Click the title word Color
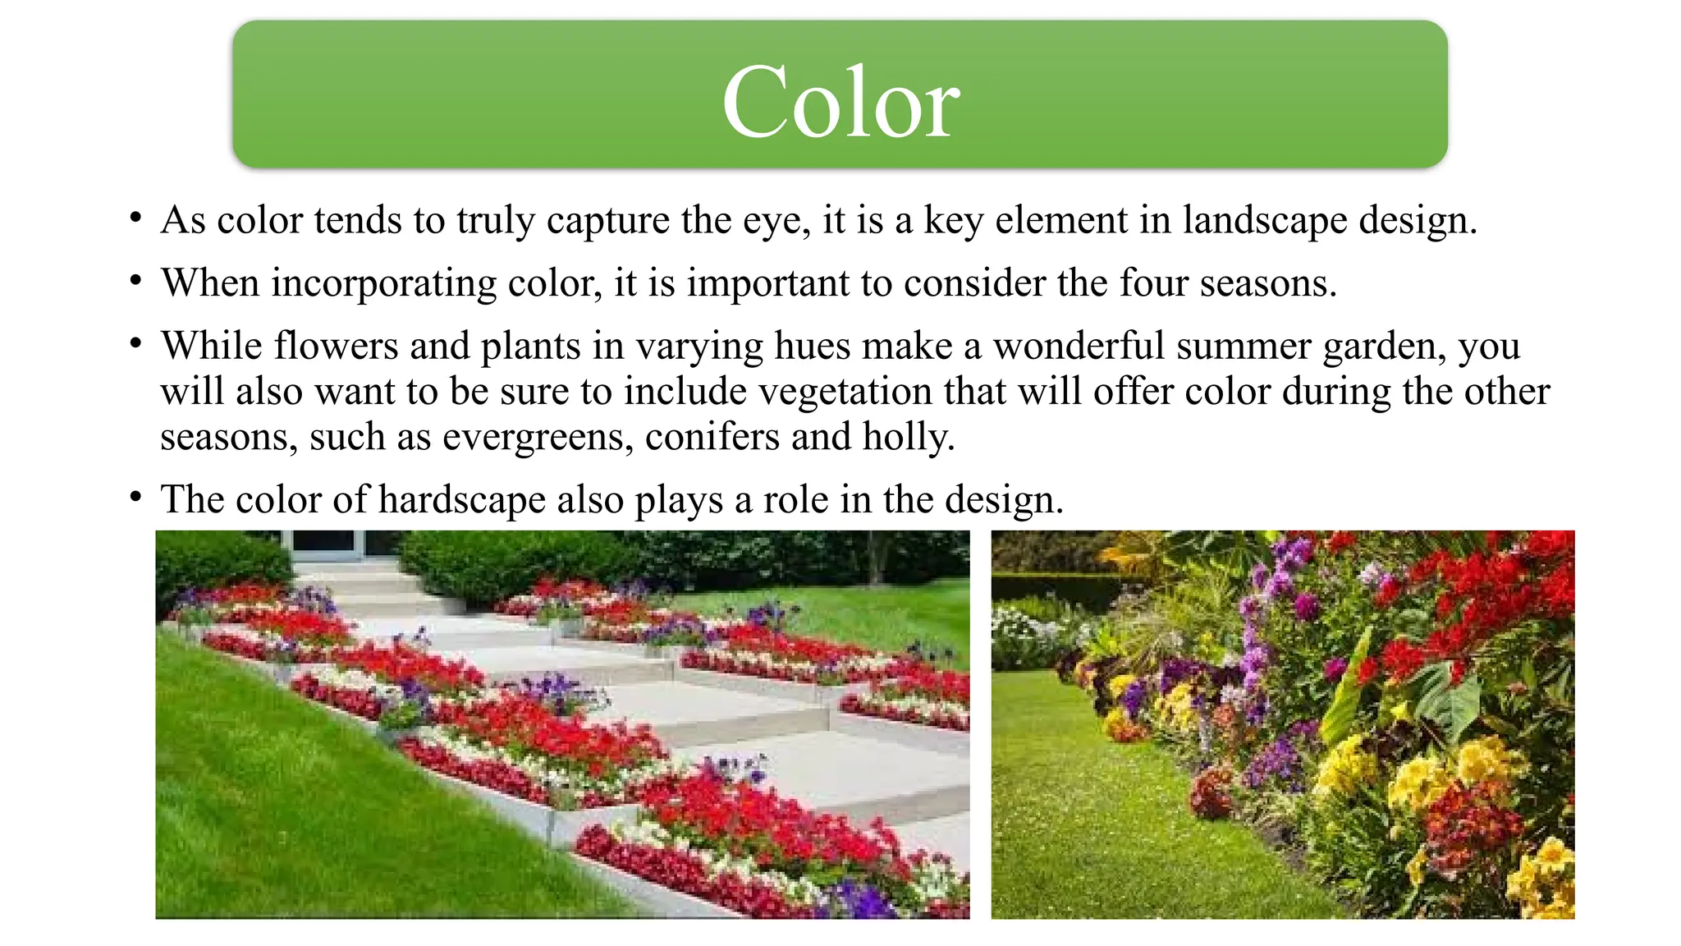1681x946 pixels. [840, 102]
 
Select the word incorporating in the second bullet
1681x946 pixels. [384, 283]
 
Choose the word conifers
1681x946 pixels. [712, 437]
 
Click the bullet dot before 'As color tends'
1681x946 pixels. [136, 219]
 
